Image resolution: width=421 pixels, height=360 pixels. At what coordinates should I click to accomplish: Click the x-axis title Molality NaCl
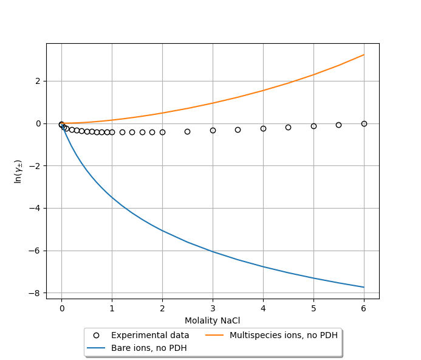click(x=212, y=320)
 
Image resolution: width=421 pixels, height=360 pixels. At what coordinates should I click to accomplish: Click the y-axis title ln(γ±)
click(x=19, y=171)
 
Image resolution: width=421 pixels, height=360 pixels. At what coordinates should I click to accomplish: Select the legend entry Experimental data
click(x=150, y=335)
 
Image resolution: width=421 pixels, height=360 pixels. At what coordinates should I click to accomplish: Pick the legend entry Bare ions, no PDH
click(x=149, y=348)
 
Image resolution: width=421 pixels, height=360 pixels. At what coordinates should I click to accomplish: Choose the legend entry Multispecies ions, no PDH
click(x=283, y=335)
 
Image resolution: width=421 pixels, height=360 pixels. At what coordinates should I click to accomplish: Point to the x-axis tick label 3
click(x=213, y=308)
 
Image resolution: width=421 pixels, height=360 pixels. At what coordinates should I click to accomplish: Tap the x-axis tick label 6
click(x=364, y=308)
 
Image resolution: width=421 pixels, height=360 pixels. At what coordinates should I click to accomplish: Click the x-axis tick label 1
click(x=112, y=308)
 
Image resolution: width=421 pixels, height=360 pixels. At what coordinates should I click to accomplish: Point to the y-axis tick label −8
click(x=35, y=293)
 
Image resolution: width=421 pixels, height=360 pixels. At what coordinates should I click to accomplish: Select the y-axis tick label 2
click(x=38, y=81)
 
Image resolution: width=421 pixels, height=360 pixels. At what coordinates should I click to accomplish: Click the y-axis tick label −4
click(x=35, y=208)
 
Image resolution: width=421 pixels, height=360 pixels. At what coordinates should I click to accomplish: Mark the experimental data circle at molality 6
click(x=364, y=123)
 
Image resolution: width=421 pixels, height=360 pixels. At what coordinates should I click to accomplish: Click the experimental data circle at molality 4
click(x=263, y=128)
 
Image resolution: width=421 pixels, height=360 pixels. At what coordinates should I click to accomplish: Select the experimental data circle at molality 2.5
click(x=187, y=131)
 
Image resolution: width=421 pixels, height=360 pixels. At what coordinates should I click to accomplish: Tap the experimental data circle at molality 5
click(x=313, y=126)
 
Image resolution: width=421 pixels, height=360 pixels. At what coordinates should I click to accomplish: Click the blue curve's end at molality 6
click(x=364, y=287)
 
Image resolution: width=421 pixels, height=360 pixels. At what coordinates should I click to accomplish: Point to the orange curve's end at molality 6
click(x=364, y=55)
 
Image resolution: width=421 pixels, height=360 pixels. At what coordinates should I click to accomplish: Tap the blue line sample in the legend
click(x=96, y=348)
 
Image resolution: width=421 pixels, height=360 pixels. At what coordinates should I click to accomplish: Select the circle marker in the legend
click(x=96, y=335)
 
